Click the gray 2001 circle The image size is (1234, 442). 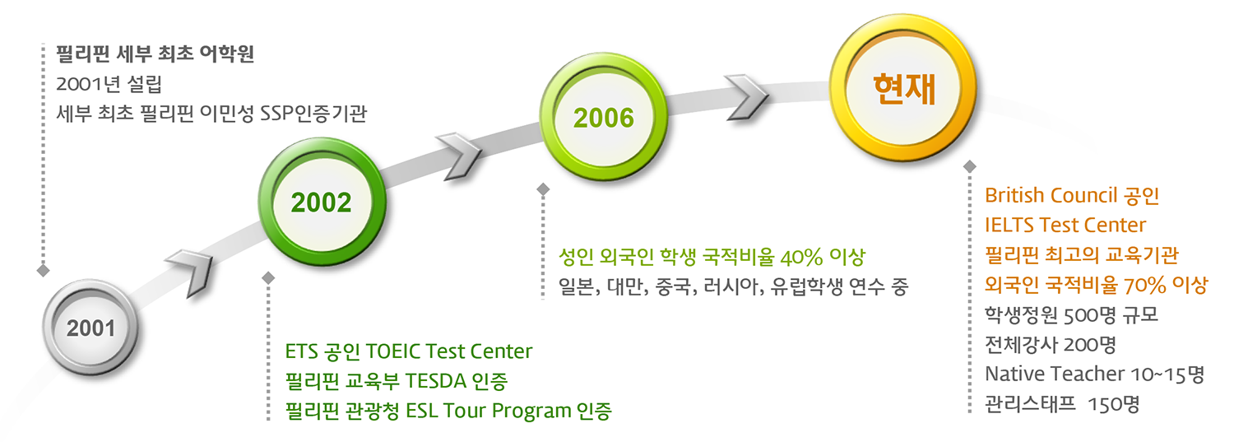90,328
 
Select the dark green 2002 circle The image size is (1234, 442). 322,202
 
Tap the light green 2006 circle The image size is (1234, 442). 604,117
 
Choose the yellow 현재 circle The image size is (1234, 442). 903,88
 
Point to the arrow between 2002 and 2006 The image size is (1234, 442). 459,156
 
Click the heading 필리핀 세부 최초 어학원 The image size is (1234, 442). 155,54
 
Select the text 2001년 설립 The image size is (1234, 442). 109,84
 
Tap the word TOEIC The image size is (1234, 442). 392,351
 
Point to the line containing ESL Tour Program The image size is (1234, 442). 448,411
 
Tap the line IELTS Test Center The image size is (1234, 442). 1065,225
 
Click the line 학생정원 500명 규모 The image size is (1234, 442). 1072,314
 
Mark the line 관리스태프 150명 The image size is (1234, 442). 1062,404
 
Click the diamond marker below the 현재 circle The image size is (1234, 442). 970,166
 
